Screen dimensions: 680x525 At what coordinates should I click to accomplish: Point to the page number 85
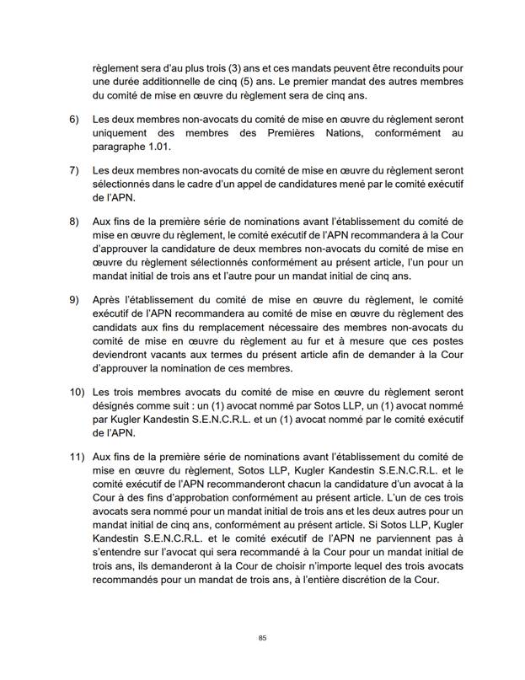pos(263,638)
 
